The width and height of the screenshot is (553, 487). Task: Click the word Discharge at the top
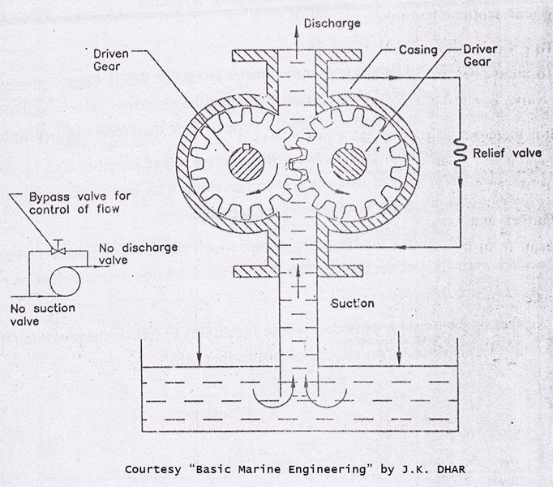coord(332,24)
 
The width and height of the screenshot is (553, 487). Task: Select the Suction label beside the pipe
coord(353,304)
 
